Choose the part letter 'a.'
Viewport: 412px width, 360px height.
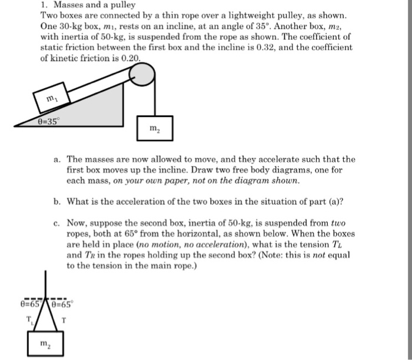pyautogui.click(x=57, y=159)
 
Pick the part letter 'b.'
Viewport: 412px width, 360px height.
pyautogui.click(x=57, y=201)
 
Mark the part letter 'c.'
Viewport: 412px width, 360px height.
pyautogui.click(x=57, y=224)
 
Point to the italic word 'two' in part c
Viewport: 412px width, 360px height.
pyautogui.click(x=337, y=224)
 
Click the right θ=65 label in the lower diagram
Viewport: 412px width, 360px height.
pyautogui.click(x=62, y=305)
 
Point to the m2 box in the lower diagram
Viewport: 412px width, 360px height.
pyautogui.click(x=44, y=344)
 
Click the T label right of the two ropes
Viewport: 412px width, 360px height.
pyautogui.click(x=69, y=320)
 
